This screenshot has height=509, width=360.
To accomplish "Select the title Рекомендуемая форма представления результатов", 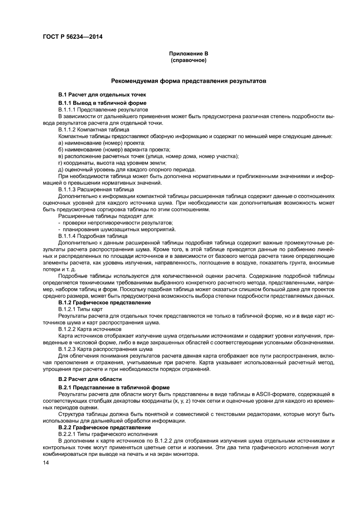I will pos(188,81).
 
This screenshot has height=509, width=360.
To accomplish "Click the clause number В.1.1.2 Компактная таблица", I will pos(93,129).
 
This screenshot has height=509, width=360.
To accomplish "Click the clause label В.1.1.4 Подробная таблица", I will pos(93,236).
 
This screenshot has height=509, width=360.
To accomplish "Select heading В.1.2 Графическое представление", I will pos(105,302).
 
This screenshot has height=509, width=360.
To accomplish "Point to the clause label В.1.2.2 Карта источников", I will pos(89,329).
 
